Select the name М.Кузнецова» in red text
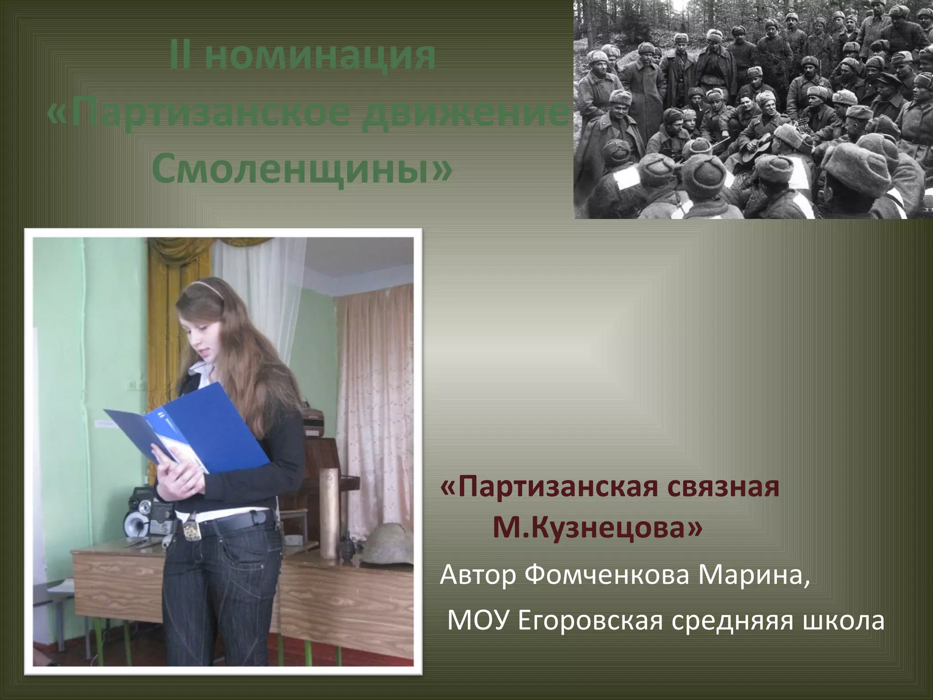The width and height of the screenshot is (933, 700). (x=597, y=529)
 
